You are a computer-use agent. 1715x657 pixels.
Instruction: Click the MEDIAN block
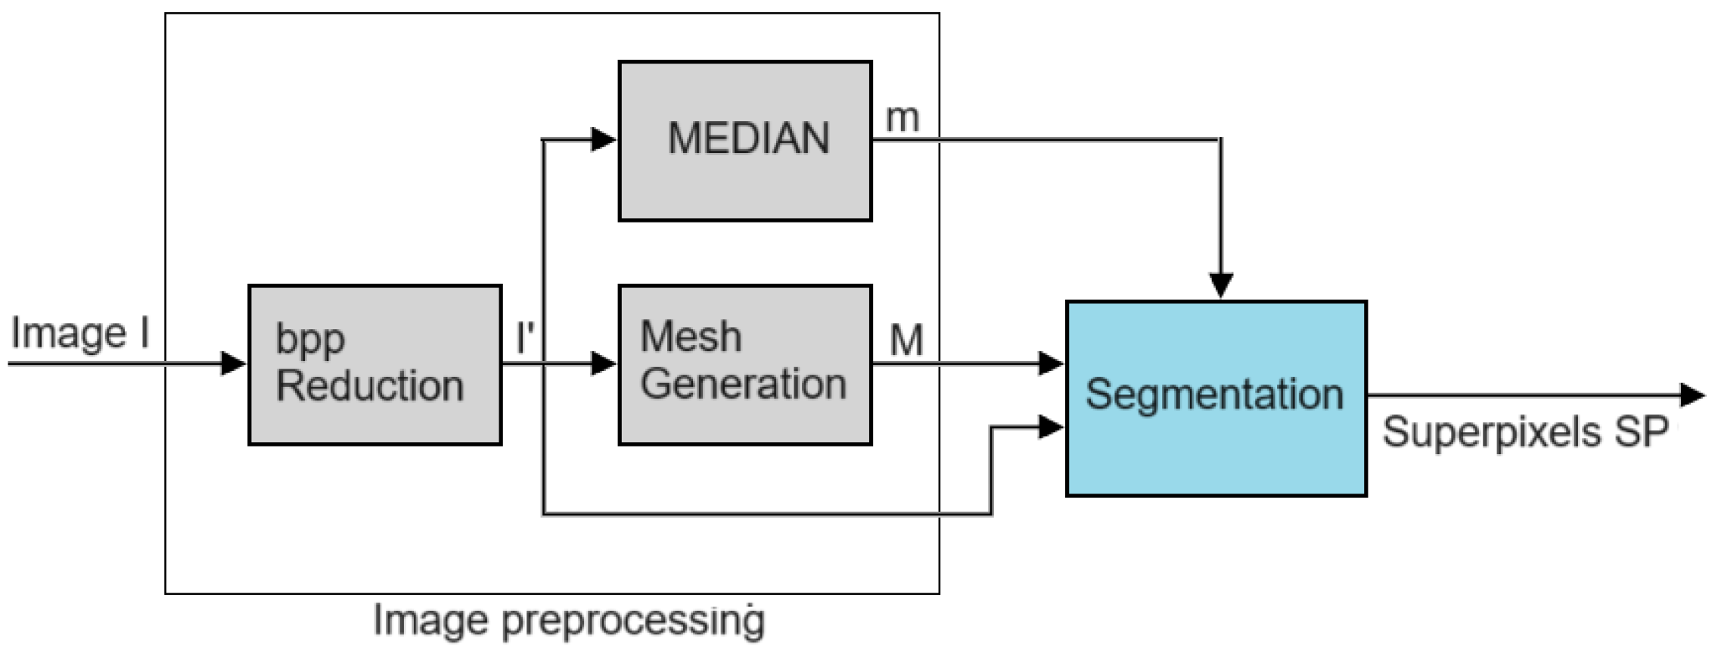tap(745, 141)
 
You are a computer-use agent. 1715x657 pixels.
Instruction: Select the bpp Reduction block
tap(374, 364)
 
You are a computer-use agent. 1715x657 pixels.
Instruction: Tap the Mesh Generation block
tap(745, 364)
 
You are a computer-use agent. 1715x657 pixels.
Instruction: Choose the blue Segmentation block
tap(1216, 398)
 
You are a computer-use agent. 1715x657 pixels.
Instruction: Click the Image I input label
tap(80, 333)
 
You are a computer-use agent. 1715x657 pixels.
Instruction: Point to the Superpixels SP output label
tap(1525, 432)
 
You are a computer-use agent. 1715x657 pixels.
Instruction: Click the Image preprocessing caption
tap(569, 621)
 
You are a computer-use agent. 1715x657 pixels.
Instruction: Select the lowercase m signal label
tap(903, 117)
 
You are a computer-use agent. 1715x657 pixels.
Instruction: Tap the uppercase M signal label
tap(906, 340)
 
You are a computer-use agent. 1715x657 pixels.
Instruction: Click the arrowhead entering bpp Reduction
tap(235, 363)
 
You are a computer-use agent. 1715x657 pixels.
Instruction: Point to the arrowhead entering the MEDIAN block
tap(604, 139)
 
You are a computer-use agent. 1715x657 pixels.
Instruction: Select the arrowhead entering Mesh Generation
tap(604, 363)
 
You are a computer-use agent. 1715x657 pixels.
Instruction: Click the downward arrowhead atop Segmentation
tap(1221, 285)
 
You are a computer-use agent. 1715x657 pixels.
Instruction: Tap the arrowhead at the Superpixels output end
tap(1692, 395)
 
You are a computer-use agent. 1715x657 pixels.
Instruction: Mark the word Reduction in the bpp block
tap(370, 385)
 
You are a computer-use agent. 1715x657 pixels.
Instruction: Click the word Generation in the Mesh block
tap(743, 384)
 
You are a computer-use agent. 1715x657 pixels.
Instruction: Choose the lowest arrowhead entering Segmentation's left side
tap(1051, 427)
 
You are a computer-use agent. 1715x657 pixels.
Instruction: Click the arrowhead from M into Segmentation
tap(1051, 363)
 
